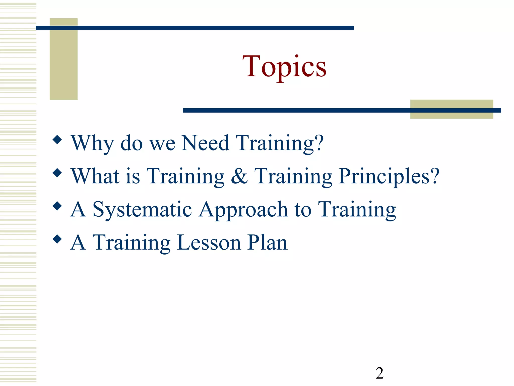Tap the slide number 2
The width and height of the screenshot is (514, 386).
379,373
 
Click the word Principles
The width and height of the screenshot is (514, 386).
384,176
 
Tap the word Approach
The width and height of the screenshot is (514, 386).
243,210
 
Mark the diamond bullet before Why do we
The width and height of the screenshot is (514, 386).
57,140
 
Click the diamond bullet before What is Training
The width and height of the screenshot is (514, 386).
57,173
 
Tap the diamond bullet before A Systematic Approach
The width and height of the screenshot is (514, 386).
57,206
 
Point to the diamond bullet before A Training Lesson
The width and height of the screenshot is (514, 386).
57,239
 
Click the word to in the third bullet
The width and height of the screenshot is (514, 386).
303,210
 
